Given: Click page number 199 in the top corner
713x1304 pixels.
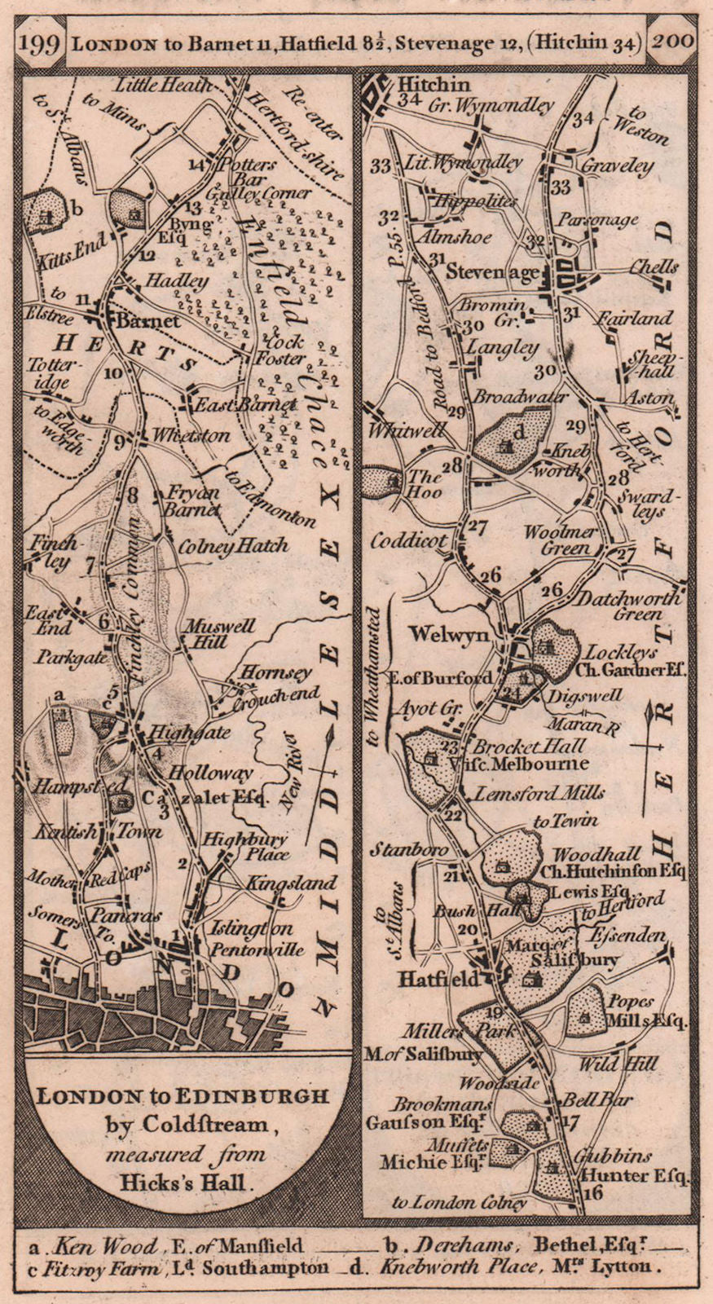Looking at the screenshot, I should pos(40,42).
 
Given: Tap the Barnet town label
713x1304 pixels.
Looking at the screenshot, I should pos(147,321).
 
